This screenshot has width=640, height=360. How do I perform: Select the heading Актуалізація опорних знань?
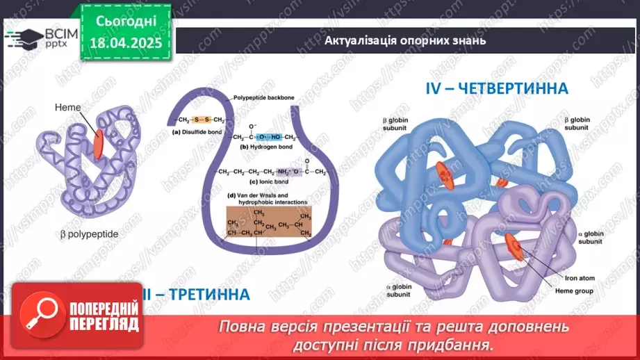coord(404,40)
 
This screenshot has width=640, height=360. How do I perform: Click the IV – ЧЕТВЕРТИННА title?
coord(497,88)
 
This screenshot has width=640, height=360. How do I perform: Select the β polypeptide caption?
coord(88,234)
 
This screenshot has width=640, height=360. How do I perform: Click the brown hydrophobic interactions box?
coord(268,223)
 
